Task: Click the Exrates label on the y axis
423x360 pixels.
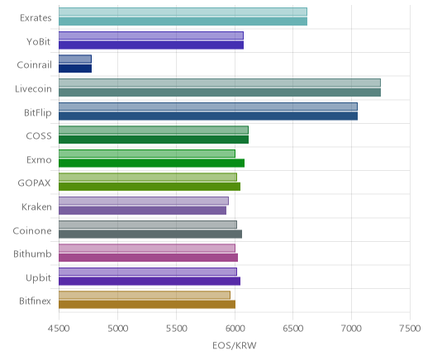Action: click(36, 18)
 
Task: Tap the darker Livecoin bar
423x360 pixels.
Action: click(220, 92)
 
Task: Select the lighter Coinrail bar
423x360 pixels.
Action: click(75, 59)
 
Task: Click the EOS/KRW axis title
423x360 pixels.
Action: click(235, 345)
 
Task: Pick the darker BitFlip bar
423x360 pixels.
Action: click(208, 116)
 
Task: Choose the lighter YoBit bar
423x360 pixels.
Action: click(151, 36)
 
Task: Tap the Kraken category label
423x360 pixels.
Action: click(36, 206)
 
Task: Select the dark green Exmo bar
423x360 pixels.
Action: click(151, 163)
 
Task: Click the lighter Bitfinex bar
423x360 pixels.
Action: click(145, 296)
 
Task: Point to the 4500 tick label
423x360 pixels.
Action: click(59, 328)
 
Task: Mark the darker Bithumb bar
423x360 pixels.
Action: click(148, 258)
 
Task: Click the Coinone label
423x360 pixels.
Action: click(32, 230)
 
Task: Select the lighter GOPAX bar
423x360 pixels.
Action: click(148, 178)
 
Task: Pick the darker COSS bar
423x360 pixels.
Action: click(154, 140)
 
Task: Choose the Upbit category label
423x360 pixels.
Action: click(38, 277)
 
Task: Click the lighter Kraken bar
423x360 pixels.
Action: click(144, 201)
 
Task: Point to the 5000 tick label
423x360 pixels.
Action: click(117, 328)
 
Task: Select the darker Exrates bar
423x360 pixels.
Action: click(183, 21)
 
